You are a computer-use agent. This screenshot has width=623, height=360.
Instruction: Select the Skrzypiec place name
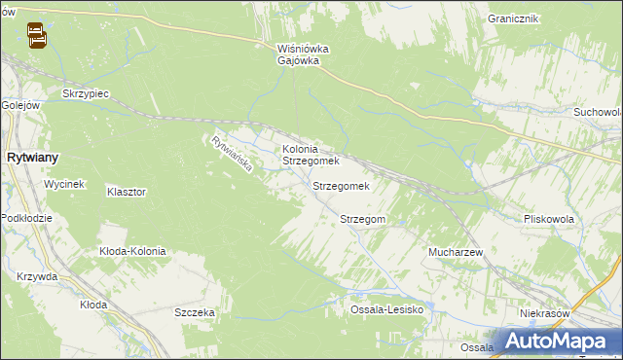tap(85, 92)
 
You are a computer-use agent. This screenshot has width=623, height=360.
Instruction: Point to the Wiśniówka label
tap(303, 48)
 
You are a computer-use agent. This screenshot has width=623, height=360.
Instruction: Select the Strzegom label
tap(363, 220)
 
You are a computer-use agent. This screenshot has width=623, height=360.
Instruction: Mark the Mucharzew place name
tap(457, 252)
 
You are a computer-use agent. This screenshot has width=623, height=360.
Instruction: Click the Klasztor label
tap(127, 193)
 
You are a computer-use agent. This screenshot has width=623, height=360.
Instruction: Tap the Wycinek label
tap(66, 184)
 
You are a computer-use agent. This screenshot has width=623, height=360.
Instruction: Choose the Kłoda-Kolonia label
tap(132, 251)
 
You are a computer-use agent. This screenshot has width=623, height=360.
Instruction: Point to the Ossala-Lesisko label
tap(387, 309)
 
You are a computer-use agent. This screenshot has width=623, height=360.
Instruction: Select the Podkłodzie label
tap(26, 218)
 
